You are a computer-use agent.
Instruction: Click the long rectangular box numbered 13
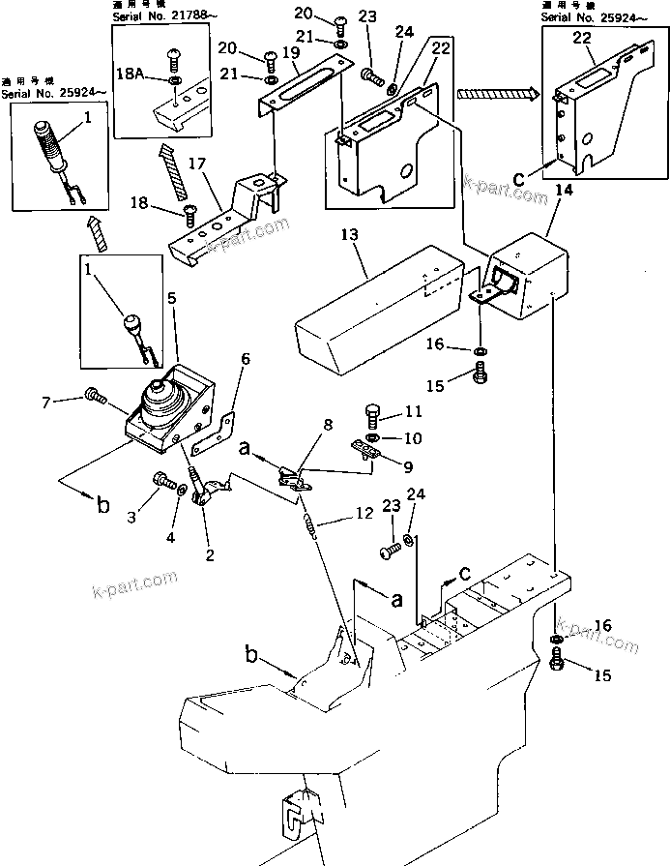pos(377,300)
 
